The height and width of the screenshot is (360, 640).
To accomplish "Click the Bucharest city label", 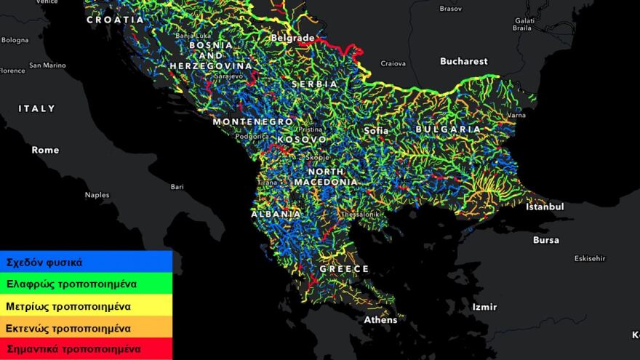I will click(x=463, y=62).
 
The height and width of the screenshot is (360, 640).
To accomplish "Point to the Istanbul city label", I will click(x=545, y=207).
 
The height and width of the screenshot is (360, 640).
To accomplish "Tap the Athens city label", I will click(x=380, y=319).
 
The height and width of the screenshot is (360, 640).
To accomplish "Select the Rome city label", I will click(x=45, y=150).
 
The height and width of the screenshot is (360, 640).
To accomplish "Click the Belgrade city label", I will click(x=292, y=38).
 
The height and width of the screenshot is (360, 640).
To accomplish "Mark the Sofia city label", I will click(x=376, y=131).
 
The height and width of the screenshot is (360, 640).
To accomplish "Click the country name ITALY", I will click(x=36, y=108).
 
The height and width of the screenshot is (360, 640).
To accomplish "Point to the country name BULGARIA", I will click(x=448, y=129).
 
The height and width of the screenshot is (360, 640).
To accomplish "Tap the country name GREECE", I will click(x=344, y=269).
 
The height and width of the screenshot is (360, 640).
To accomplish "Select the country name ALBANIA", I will click(x=276, y=215).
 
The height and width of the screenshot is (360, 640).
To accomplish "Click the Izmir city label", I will click(x=484, y=307).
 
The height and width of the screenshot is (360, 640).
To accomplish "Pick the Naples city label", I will click(x=97, y=195).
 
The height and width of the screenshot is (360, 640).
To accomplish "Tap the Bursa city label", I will click(x=546, y=240).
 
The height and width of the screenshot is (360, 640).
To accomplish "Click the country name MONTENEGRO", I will click(x=252, y=122).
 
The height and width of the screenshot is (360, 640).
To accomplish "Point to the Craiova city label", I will click(x=393, y=64).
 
